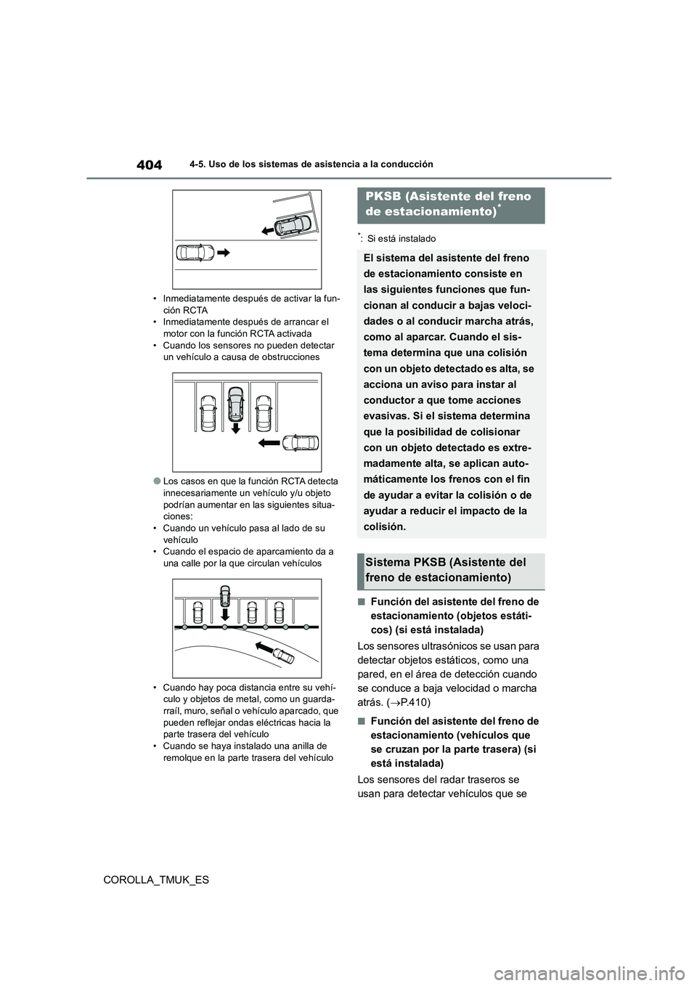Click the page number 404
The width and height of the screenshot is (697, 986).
click(x=150, y=165)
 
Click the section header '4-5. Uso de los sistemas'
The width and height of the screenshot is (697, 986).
click(x=315, y=165)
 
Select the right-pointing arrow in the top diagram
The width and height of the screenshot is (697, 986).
click(x=224, y=253)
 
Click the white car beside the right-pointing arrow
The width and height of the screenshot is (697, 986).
click(x=195, y=253)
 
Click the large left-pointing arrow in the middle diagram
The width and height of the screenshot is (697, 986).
click(x=268, y=442)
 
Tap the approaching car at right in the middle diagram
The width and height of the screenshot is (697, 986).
click(x=301, y=442)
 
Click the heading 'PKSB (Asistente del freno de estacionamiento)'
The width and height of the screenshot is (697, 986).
click(x=450, y=204)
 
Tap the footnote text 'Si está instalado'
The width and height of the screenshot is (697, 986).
click(x=402, y=239)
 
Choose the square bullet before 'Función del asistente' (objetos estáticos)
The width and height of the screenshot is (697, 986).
click(x=362, y=602)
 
